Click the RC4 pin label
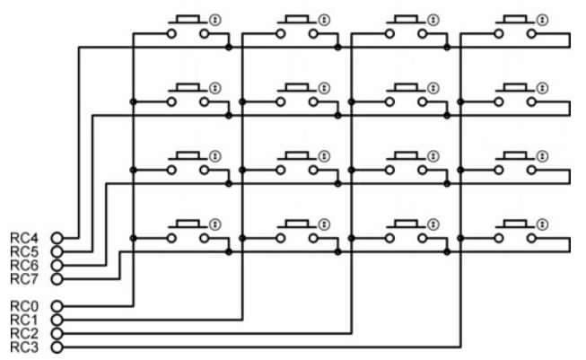point(23,237)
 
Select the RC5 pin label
point(23,250)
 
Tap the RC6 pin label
point(23,265)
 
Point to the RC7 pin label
point(23,278)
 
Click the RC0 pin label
point(23,305)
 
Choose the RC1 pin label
point(23,319)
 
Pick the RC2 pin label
point(23,332)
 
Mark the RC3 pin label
point(23,346)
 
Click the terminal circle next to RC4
point(57,237)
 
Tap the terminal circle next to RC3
point(57,346)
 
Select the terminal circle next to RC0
point(57,305)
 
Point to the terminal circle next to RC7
point(57,278)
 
